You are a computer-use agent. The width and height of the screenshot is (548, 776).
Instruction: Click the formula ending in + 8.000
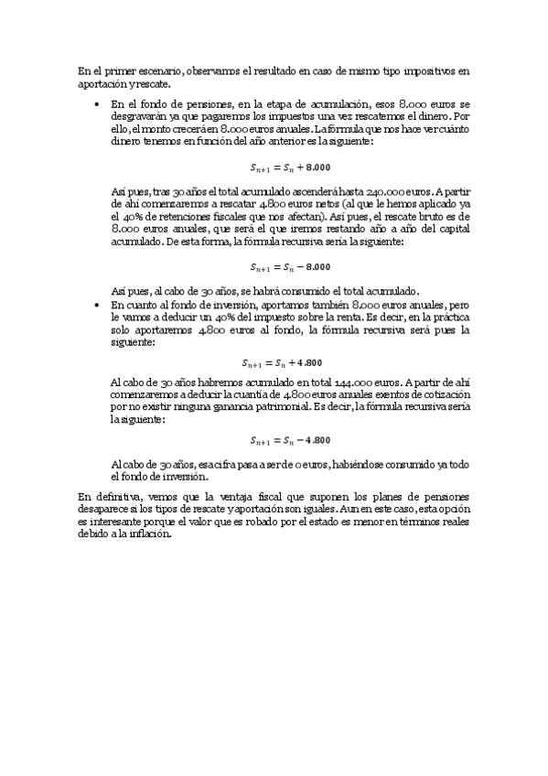[290, 167]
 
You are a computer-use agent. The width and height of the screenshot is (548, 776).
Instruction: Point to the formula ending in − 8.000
[290, 267]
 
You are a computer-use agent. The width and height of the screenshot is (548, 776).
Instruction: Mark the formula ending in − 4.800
[290, 439]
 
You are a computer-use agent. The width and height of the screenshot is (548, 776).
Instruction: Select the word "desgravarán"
[140, 118]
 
